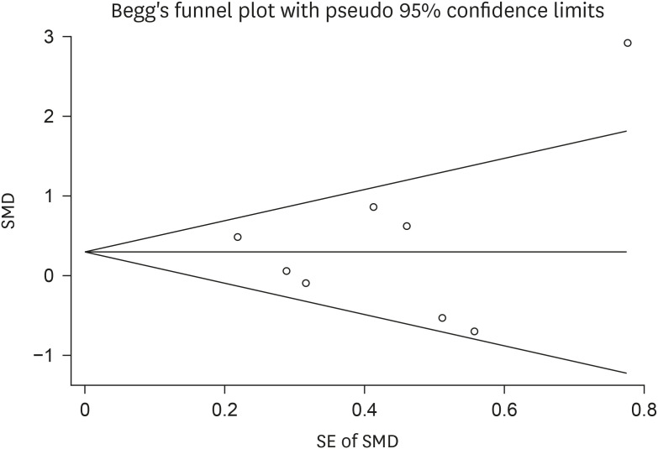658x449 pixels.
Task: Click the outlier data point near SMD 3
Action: click(627, 43)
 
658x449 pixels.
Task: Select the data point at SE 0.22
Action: click(238, 237)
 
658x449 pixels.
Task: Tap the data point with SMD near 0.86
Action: click(373, 206)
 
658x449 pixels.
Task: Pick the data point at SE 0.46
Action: click(407, 226)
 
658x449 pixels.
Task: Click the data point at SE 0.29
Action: click(287, 271)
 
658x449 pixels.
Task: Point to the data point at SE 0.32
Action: click(306, 283)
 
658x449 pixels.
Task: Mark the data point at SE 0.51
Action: click(442, 317)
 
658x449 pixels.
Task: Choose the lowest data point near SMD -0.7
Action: click(474, 331)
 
